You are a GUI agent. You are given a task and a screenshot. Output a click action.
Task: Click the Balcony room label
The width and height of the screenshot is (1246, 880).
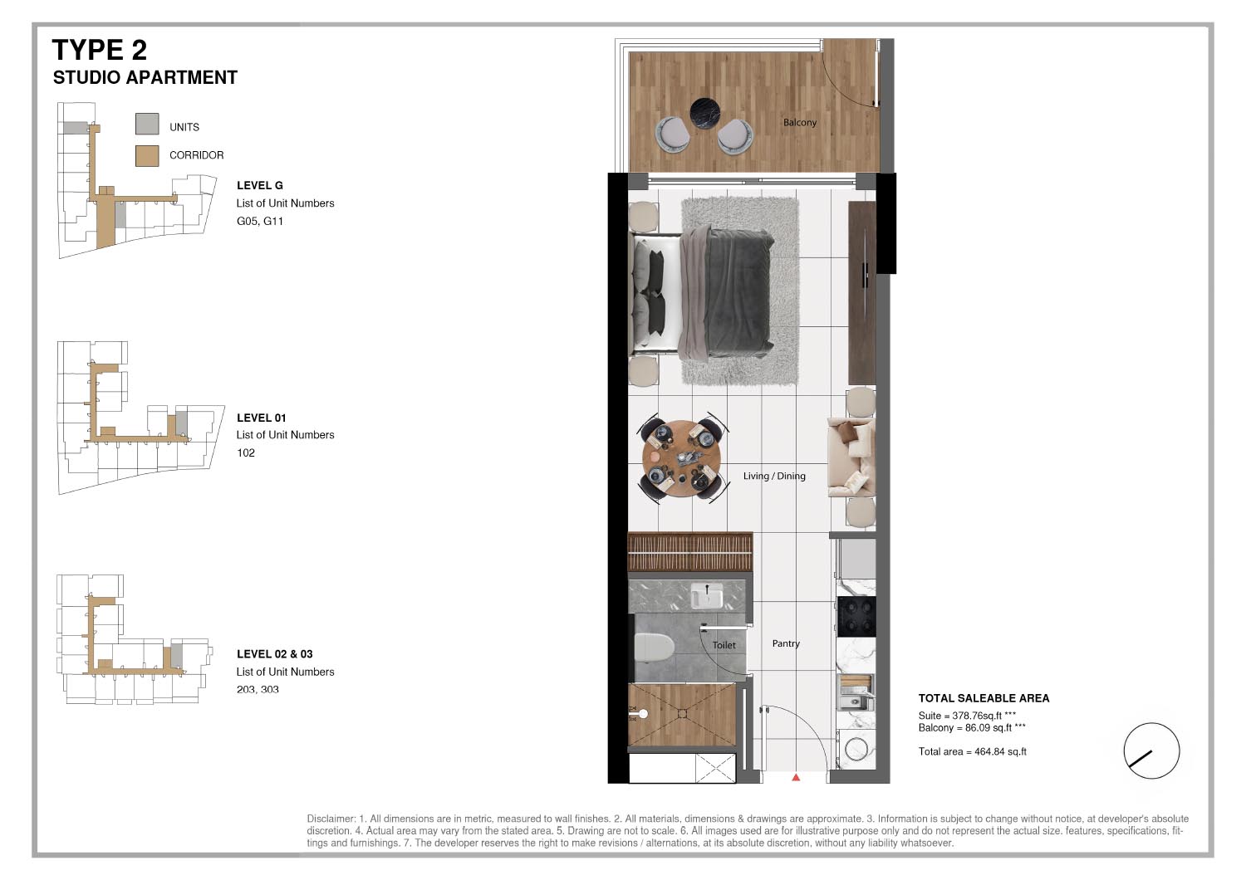point(799,122)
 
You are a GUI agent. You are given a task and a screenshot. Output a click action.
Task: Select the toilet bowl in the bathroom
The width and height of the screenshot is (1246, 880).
point(654,648)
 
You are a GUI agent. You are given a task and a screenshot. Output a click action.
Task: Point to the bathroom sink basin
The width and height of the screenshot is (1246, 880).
point(707,596)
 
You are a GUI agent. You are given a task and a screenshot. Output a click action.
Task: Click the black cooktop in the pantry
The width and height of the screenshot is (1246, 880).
point(856,616)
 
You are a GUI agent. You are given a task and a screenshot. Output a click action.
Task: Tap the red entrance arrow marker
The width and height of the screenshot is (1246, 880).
point(796,778)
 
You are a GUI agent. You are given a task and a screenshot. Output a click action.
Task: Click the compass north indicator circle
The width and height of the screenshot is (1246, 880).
point(1151,750)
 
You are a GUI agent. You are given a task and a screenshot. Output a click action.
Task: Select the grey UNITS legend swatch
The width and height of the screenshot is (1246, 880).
point(147,125)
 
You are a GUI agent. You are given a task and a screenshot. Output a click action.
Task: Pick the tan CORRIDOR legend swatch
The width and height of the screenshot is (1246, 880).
point(147,155)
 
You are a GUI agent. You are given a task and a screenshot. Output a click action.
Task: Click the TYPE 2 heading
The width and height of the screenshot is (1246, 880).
point(100,50)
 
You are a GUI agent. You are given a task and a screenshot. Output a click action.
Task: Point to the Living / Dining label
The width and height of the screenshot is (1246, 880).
point(774,476)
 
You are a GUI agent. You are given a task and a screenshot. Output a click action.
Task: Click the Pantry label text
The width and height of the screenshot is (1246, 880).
point(786,643)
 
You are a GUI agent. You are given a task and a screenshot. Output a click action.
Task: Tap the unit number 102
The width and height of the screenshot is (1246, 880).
point(246,452)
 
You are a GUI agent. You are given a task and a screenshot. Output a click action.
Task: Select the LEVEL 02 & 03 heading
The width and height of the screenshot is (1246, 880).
point(274,654)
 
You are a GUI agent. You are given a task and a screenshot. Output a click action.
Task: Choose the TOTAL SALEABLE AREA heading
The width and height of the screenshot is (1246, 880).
point(984,698)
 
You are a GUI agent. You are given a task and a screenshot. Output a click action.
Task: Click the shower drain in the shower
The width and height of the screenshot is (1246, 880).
point(682,713)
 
